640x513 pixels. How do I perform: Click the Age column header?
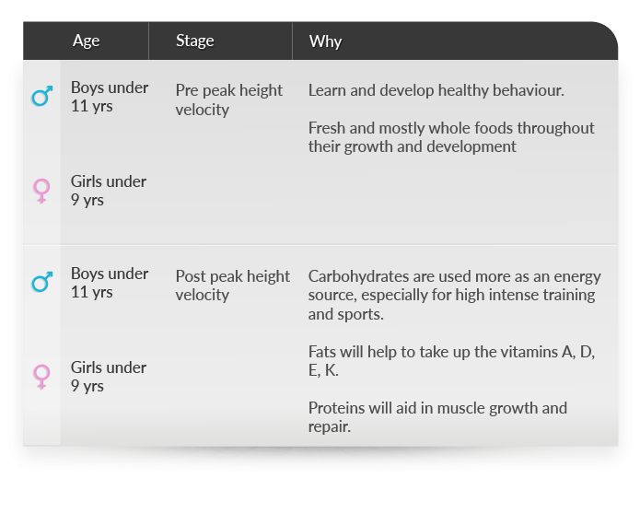point(86,41)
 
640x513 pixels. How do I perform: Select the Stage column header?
point(194,41)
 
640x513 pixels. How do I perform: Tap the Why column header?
point(325,41)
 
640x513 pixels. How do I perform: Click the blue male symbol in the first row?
point(42,97)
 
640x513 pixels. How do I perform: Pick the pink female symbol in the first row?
point(41,191)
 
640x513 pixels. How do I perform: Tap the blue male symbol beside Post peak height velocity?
point(42,282)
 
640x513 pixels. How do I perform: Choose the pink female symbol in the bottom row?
point(41,377)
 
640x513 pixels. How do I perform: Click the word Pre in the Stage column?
point(187,90)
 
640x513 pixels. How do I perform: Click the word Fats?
point(322,352)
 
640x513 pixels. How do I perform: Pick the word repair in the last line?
point(330,427)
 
